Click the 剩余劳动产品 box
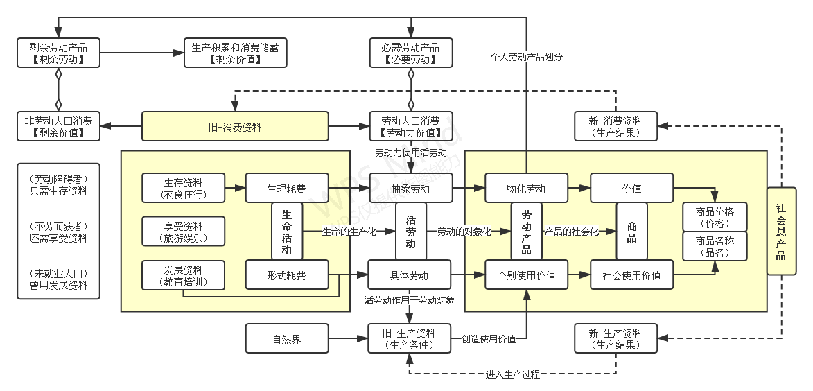(59, 53)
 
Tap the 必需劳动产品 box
(410, 53)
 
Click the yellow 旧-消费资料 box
(235, 127)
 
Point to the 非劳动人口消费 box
(59, 126)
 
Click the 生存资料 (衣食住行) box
(183, 188)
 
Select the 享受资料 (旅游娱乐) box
(183, 232)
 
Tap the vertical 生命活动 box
(287, 231)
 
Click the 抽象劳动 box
(410, 188)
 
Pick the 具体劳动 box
(409, 275)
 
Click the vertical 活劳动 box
(410, 232)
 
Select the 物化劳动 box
(526, 188)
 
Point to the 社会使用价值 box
(631, 275)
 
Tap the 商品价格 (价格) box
(715, 217)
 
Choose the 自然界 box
(287, 339)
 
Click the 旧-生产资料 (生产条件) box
(410, 339)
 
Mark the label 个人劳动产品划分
(526, 58)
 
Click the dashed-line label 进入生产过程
(513, 374)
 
